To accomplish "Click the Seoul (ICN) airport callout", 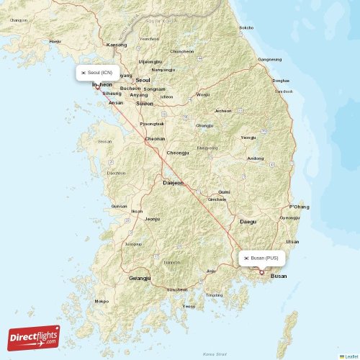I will [x=97, y=73].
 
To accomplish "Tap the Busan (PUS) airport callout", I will [x=262, y=258].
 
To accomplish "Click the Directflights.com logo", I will [x=34, y=337].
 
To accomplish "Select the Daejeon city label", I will [x=173, y=183].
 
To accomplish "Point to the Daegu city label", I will [x=248, y=222].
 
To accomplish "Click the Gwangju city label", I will [x=140, y=277].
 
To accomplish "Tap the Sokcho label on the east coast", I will [x=246, y=27].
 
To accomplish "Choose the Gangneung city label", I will [x=270, y=59].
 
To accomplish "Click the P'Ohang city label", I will [x=299, y=207].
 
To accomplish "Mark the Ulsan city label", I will [x=292, y=242].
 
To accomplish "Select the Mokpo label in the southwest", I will [x=102, y=301].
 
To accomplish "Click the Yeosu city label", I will [x=189, y=306].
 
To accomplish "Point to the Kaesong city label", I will [x=115, y=45].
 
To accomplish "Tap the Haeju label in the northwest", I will [x=55, y=42].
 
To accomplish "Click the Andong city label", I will [x=255, y=158].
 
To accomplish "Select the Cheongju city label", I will [x=178, y=153].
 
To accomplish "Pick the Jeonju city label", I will [x=152, y=218].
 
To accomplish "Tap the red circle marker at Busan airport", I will [x=261, y=272].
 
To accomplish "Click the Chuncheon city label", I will [x=181, y=52].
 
